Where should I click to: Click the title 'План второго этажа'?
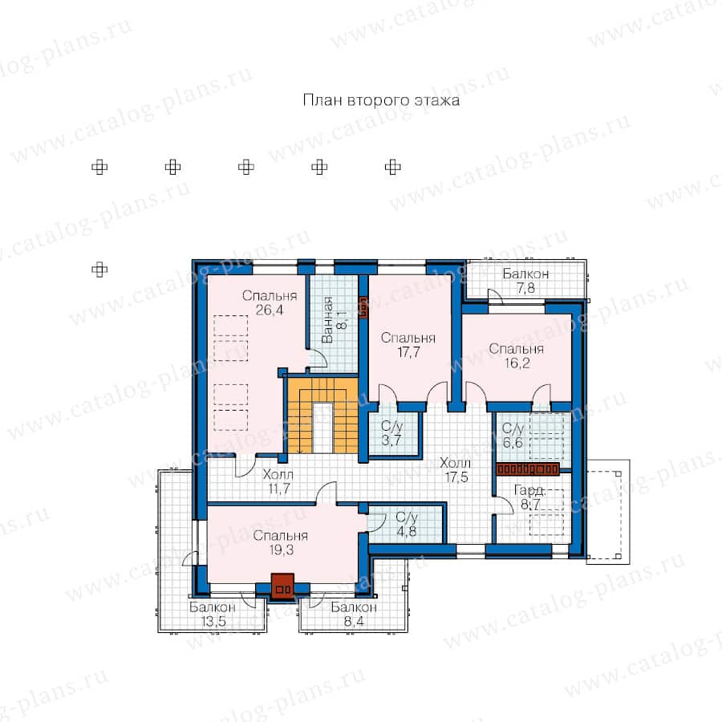coord(381,100)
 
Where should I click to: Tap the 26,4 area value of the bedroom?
coord(270,310)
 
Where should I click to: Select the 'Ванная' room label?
coord(327,320)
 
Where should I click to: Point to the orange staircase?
coord(322,416)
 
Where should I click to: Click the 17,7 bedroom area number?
coord(408,352)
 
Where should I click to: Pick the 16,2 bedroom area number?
coord(517,363)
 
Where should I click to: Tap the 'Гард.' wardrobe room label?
coord(530,491)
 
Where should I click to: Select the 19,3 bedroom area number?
coord(282,550)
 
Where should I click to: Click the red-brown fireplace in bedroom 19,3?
coord(282,586)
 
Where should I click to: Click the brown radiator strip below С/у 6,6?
coord(528,469)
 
